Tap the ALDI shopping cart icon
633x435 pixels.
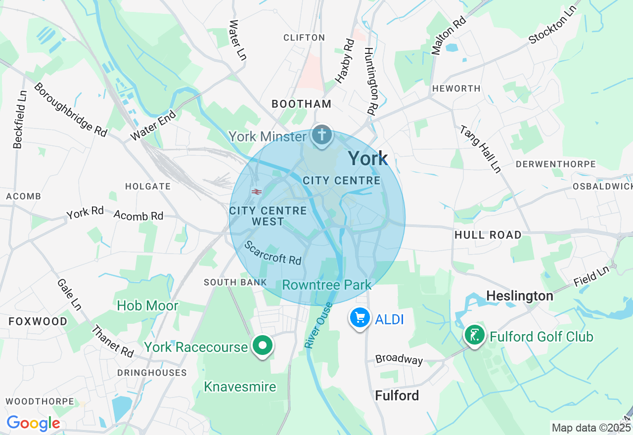tap(360, 318)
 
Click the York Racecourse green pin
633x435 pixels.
tap(263, 346)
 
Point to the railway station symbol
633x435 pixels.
tap(256, 191)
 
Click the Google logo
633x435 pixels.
tap(33, 424)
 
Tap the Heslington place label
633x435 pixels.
tap(519, 296)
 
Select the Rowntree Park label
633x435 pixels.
tap(326, 285)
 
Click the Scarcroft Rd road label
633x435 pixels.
tap(273, 253)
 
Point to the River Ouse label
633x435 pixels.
tap(316, 325)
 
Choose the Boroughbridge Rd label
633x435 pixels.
tap(70, 109)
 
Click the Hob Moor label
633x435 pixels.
tap(147, 306)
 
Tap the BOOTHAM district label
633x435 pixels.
tap(301, 104)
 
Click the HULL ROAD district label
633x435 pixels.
tap(488, 235)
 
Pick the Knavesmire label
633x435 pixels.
tap(240, 387)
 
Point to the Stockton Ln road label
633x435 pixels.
tap(553, 25)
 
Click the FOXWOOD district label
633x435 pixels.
tap(38, 322)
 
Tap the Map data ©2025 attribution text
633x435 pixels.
tap(591, 428)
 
